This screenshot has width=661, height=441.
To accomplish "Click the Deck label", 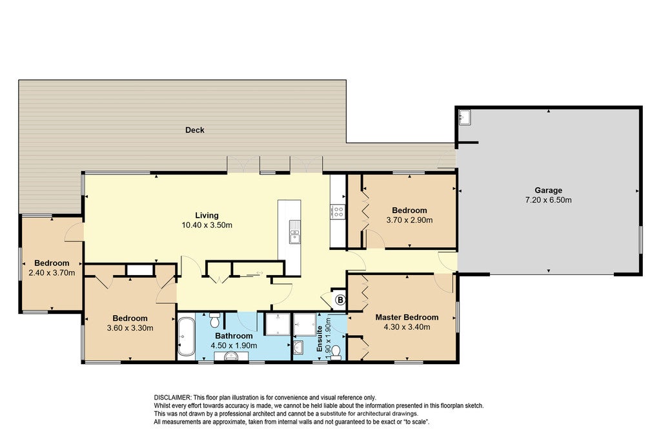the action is coord(195,130).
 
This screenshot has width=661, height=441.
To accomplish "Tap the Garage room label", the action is coord(549,190).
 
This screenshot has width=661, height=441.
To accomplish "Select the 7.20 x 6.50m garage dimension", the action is coord(549,200).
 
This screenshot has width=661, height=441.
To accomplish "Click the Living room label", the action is coord(207,216).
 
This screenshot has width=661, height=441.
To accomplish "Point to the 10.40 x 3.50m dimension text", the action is coord(207,225).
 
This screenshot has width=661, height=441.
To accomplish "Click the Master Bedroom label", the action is coord(407,317).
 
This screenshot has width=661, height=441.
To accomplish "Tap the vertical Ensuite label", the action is coord(320,339).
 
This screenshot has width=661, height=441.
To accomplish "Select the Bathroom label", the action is coord(234,336).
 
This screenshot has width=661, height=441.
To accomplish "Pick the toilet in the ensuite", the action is coord(336,353).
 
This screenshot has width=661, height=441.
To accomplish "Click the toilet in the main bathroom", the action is coord(215,320).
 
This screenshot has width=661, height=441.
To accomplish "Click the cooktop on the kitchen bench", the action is coord(338,211).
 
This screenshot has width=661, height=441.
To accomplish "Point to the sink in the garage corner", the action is coord(465,117).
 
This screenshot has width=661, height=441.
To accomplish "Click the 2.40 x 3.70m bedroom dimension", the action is coord(52,272).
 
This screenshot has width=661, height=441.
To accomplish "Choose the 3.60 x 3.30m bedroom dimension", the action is coord(130,328).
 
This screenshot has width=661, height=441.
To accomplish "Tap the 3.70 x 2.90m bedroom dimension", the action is coord(409,220).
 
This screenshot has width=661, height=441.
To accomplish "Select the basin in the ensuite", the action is coord(298,347).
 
